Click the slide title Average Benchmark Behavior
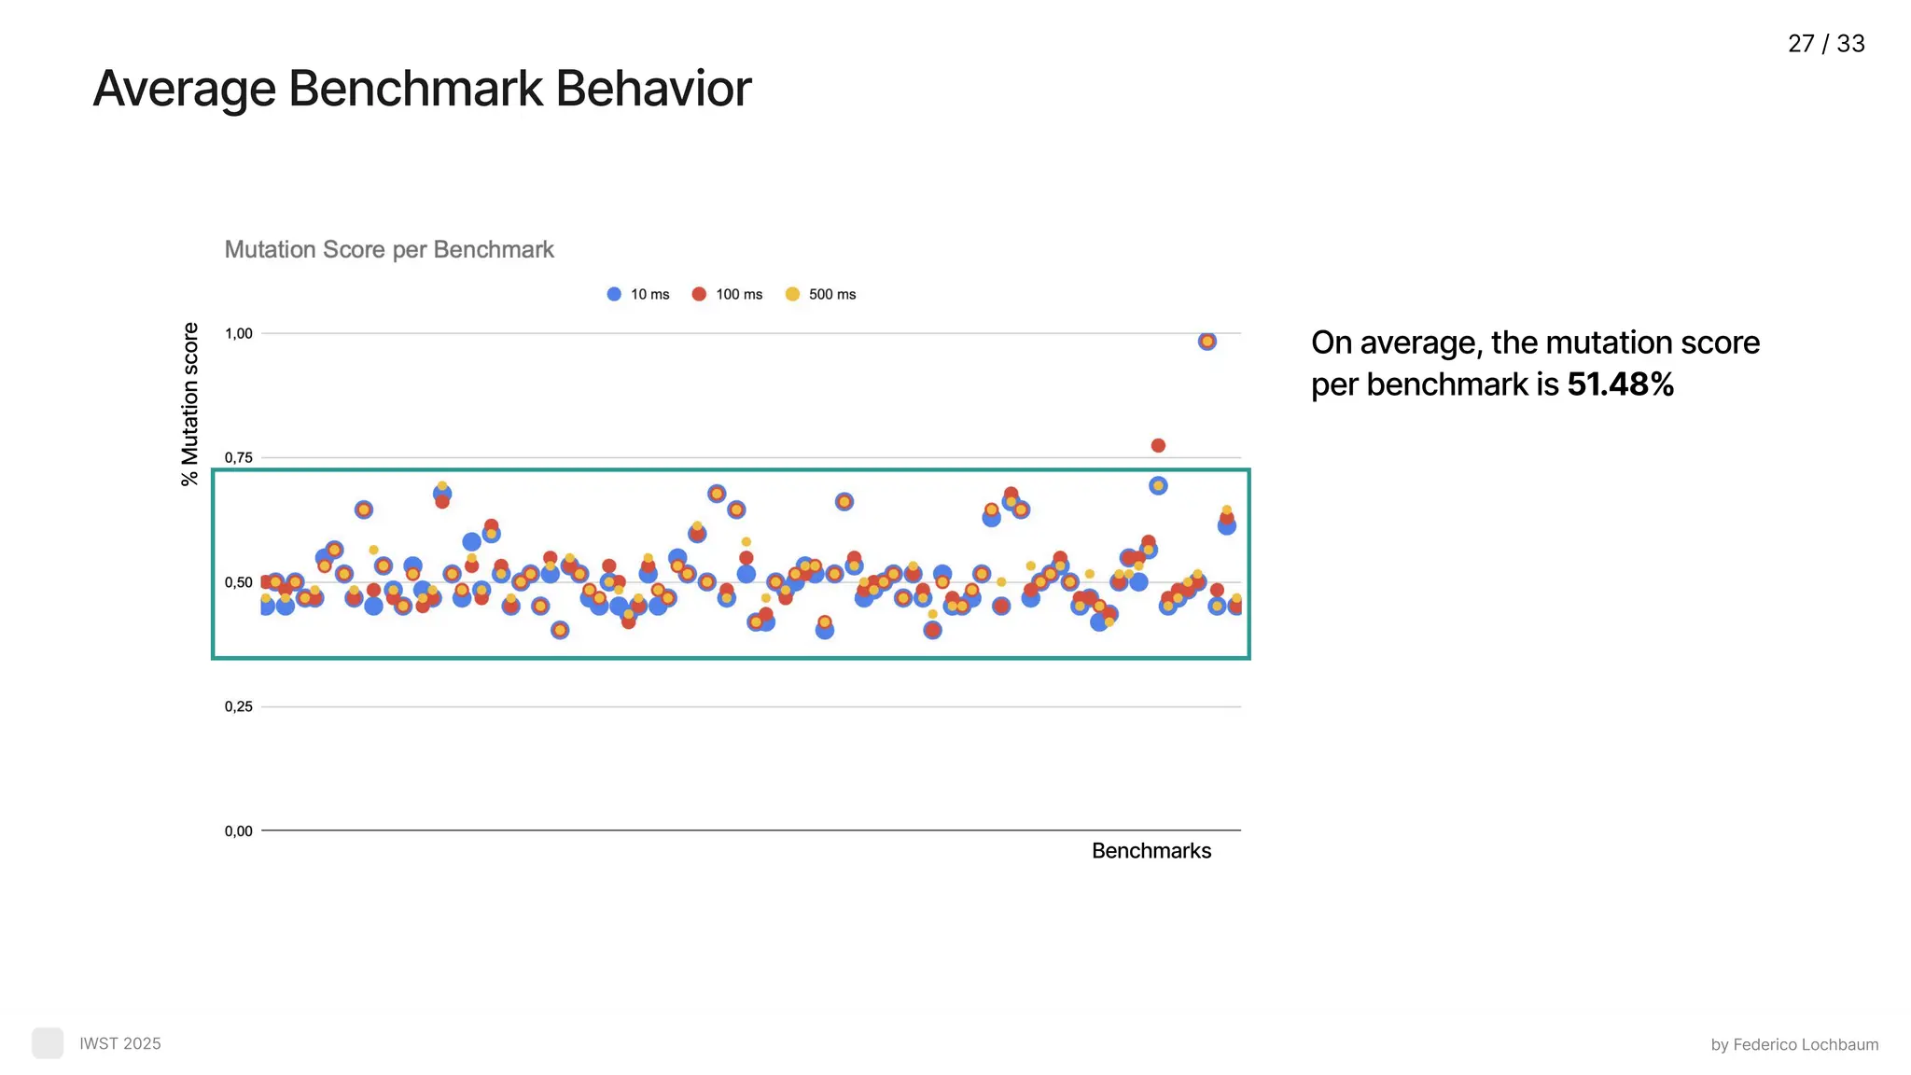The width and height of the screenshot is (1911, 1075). point(422,89)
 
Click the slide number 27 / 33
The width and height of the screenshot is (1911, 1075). point(1825,44)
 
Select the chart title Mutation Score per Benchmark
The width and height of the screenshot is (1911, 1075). point(389,250)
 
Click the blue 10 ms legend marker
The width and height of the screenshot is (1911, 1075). point(614,294)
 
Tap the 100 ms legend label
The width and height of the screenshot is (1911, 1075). point(739,294)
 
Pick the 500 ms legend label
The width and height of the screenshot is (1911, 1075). point(832,294)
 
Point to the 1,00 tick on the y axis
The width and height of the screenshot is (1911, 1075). point(239,333)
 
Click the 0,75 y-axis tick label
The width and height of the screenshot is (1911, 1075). point(239,457)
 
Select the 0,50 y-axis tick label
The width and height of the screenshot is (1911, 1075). point(239,582)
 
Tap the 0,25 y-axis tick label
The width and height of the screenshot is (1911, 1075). point(239,706)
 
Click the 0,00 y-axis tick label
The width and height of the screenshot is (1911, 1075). point(239,831)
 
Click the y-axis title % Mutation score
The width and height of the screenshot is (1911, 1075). point(190,404)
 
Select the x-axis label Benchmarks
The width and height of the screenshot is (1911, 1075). point(1151,851)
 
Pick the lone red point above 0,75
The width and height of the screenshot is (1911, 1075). point(1158,445)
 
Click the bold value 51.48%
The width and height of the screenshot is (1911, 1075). point(1620,384)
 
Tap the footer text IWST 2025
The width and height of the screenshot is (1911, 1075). point(119,1043)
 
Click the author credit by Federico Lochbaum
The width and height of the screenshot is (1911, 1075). point(1793,1044)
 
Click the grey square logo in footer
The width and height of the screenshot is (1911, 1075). point(48,1042)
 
